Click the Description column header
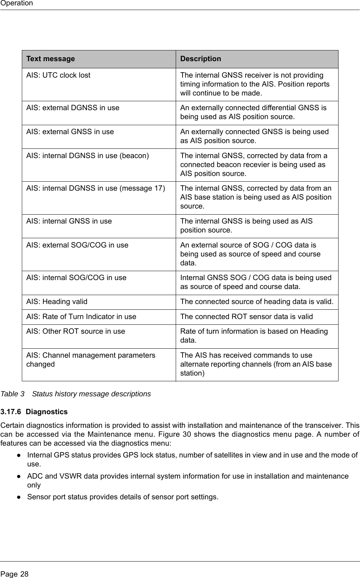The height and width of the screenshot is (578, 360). click(201, 59)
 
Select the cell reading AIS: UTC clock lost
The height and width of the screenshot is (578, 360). click(58, 75)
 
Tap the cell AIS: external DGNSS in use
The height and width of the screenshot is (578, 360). click(73, 108)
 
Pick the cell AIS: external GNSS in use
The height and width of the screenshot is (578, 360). click(70, 132)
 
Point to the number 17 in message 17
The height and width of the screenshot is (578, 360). click(159, 188)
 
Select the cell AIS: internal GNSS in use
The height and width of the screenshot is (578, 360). click(69, 221)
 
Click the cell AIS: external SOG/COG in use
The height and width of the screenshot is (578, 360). click(77, 245)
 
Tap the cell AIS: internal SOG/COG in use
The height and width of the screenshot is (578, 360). click(76, 278)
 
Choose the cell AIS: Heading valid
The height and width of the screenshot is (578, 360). click(57, 302)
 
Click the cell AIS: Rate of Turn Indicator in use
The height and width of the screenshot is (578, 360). click(81, 317)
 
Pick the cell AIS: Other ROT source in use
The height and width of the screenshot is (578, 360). click(76, 331)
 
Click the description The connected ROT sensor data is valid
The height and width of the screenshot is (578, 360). click(246, 317)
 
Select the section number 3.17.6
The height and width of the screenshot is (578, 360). click(11, 412)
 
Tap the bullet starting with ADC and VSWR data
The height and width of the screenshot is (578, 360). click(188, 480)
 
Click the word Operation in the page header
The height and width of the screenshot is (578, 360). click(16, 3)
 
